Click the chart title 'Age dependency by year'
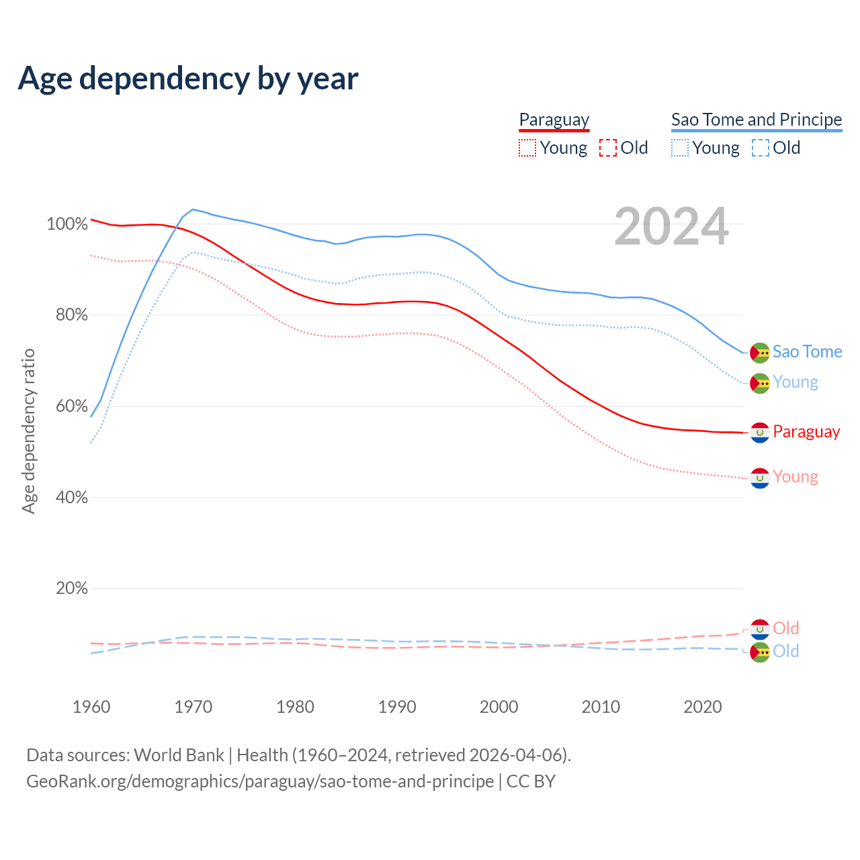(188, 79)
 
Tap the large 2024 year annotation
(671, 227)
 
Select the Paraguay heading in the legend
(554, 120)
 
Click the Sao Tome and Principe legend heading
(757, 120)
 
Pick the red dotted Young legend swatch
(527, 148)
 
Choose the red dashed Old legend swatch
(608, 148)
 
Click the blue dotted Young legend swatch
(680, 148)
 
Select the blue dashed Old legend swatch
(761, 148)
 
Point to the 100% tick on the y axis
(67, 224)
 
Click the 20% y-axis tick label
(71, 589)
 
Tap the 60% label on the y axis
(71, 406)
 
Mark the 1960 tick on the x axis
(91, 707)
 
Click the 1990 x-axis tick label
(397, 707)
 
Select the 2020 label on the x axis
(703, 707)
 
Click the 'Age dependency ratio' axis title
(28, 431)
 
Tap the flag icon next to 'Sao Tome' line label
(760, 352)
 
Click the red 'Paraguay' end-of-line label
(806, 432)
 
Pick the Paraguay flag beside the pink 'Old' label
(760, 629)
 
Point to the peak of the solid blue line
(193, 210)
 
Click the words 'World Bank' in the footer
(179, 755)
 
